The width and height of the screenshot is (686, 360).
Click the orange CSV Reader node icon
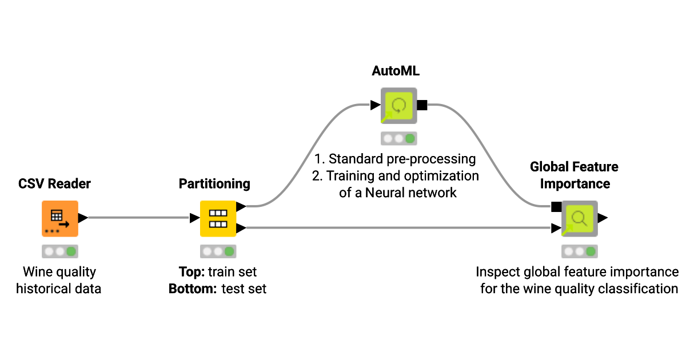(59, 218)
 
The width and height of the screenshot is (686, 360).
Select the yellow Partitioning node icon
(218, 218)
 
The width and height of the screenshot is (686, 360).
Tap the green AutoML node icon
(399, 106)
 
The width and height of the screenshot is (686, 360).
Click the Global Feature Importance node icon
(579, 218)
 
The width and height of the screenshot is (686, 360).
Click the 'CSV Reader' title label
(54, 183)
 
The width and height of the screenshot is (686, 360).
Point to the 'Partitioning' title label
(214, 183)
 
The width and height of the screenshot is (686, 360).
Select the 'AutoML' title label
(396, 71)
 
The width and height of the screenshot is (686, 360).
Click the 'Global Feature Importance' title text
(574, 175)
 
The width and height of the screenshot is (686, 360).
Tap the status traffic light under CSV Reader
(59, 251)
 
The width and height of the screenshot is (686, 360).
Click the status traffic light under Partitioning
(218, 251)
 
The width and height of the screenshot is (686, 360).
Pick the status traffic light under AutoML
(399, 138)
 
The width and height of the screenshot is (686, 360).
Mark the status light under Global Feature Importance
(579, 251)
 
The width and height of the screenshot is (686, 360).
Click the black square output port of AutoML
(422, 105)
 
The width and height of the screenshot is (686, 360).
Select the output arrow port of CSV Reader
(83, 218)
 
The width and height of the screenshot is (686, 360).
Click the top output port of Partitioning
(241, 206)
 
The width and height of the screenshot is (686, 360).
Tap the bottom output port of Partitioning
(241, 229)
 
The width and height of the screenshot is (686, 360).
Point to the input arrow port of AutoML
(375, 105)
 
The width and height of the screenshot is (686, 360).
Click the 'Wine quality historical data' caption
(58, 280)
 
